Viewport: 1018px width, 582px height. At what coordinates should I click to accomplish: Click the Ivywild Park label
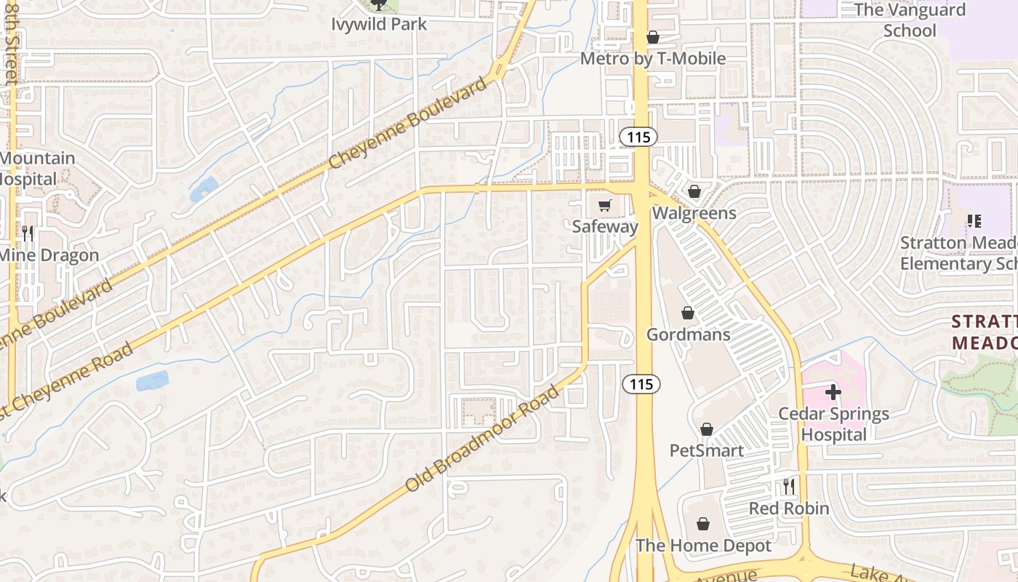(379, 24)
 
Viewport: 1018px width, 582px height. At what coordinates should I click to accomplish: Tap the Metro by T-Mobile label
(653, 58)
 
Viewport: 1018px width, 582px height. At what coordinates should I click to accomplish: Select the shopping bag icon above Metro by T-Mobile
(653, 37)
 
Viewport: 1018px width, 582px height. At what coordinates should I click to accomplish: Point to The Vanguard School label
(910, 20)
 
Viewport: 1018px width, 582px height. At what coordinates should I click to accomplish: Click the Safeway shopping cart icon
(605, 206)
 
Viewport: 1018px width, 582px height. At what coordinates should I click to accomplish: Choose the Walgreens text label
(694, 213)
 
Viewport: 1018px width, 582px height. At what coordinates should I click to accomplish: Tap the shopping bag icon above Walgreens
(694, 191)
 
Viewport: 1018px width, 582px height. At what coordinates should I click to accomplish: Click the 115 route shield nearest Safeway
(638, 136)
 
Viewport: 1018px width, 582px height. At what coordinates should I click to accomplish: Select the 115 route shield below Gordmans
(641, 383)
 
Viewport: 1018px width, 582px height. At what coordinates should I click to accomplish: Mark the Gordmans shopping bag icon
(688, 314)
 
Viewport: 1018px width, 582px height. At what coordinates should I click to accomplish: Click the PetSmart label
(706, 450)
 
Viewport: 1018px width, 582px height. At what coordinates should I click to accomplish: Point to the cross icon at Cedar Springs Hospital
(833, 393)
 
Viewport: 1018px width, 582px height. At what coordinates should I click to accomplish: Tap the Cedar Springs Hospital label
(834, 424)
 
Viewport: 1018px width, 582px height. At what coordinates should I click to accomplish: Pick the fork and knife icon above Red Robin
(789, 486)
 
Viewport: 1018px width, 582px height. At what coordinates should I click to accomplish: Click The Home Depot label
(703, 545)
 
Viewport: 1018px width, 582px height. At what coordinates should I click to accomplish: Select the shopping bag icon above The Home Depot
(703, 524)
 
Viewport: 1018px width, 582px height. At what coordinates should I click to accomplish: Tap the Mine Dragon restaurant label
(48, 255)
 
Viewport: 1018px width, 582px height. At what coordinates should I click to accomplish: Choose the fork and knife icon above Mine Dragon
(28, 233)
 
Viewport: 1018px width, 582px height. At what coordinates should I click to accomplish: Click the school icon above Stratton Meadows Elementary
(974, 221)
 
